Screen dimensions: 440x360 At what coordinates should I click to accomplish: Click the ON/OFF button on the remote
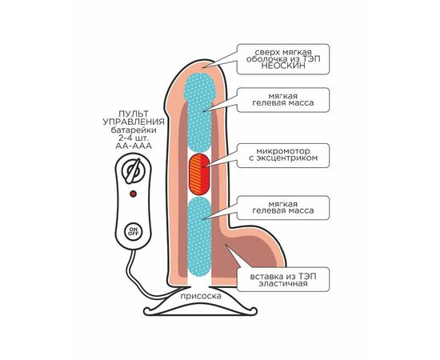click(134, 231)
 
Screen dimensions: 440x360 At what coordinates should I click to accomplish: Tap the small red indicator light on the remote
click(134, 194)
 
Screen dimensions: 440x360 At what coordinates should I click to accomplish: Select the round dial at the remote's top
click(133, 170)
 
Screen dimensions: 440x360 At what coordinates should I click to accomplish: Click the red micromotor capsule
click(199, 174)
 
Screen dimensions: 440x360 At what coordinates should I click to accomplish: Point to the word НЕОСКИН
click(283, 66)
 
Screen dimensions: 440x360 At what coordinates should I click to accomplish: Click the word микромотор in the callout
click(283, 151)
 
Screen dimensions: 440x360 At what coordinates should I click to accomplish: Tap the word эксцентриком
click(283, 158)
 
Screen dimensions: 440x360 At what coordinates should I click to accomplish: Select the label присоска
click(201, 296)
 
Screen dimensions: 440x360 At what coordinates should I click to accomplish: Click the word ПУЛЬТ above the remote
click(134, 114)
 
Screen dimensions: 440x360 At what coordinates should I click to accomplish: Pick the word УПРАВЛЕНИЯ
click(134, 122)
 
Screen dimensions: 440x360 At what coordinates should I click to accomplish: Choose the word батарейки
click(134, 130)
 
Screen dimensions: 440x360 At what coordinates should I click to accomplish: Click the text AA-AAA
click(134, 146)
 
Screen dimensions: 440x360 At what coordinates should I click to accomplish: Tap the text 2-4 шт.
click(134, 138)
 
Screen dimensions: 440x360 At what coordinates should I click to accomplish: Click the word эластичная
click(283, 283)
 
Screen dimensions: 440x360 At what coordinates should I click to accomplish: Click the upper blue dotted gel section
click(199, 112)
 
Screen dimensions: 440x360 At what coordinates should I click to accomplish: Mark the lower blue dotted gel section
click(199, 237)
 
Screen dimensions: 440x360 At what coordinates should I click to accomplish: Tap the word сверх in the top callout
click(266, 53)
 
